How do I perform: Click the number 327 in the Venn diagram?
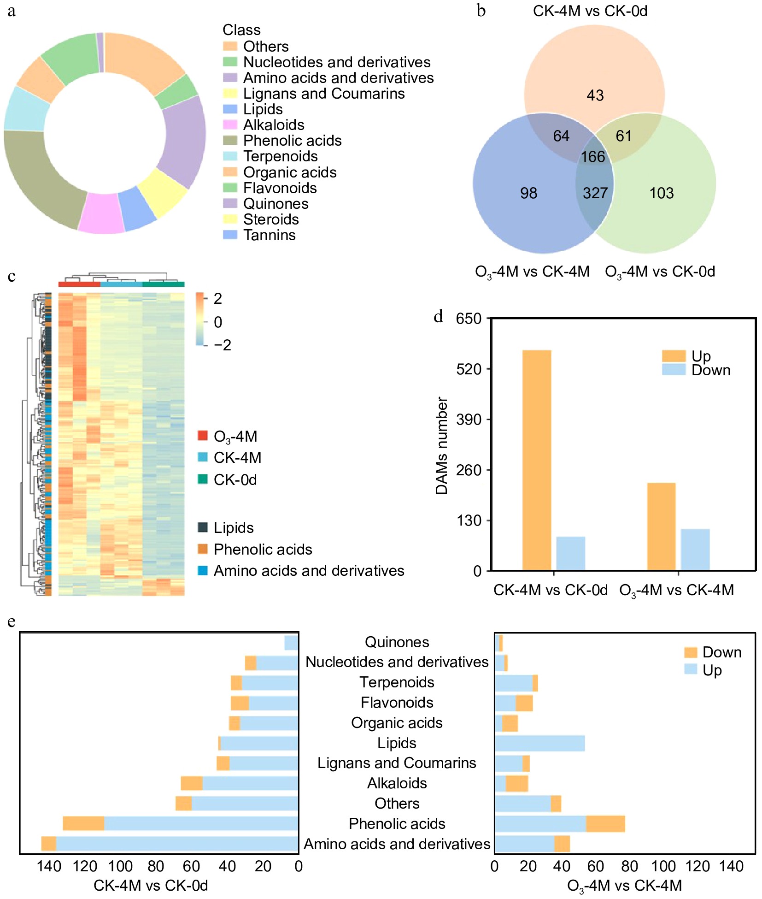click(595, 193)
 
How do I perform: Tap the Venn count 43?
click(595, 95)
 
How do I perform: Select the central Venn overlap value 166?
click(592, 157)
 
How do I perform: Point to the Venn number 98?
click(528, 193)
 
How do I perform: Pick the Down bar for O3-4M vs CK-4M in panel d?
click(695, 550)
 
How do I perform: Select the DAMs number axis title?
click(442, 445)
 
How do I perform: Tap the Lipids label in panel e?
click(397, 743)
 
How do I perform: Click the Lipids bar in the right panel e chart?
click(540, 743)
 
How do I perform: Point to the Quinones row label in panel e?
click(397, 642)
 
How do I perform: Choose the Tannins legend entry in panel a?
click(269, 235)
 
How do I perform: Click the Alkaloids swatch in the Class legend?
click(230, 125)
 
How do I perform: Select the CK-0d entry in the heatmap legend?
click(235, 480)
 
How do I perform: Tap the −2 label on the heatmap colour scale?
click(223, 345)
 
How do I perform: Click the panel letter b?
click(481, 11)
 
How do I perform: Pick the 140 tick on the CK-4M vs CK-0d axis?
click(49, 866)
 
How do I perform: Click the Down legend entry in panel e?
click(721, 652)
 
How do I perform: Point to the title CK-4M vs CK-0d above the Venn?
click(590, 11)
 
